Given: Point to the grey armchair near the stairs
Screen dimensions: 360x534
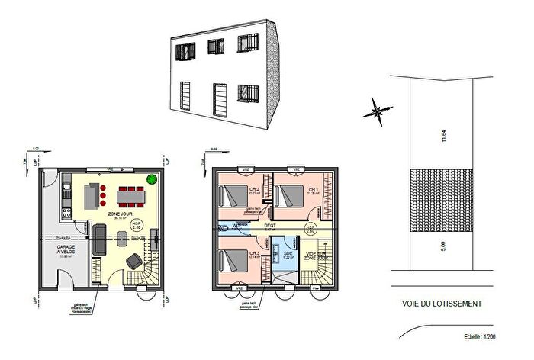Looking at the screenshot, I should pos(133,261).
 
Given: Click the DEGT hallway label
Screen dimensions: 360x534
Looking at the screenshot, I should pos(269,226).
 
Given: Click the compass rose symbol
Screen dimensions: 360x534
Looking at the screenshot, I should pos(375,111).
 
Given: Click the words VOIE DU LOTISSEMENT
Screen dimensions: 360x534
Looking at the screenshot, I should pos(441,303).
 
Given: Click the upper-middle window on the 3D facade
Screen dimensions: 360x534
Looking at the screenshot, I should pos(214,48).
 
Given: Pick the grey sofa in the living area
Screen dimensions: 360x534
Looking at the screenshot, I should pos(100,239).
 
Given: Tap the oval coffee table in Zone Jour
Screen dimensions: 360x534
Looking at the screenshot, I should pos(122,239).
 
